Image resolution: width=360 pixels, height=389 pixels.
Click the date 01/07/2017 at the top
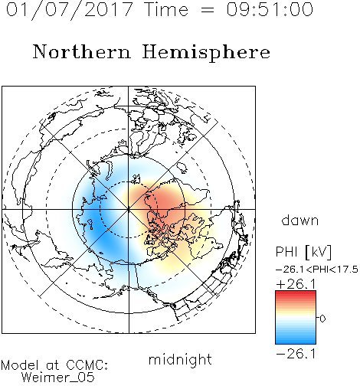69,10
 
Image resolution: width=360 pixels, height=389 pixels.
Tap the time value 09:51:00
270,9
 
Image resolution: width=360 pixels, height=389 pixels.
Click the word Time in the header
166,9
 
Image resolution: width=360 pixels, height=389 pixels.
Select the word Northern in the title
81,51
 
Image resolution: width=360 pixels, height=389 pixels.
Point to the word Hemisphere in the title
206,53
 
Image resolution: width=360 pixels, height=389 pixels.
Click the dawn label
300,220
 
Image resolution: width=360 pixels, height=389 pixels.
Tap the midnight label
180,359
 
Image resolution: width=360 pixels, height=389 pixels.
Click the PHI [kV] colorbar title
303,252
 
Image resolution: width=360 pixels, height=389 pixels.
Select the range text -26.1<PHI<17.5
317,270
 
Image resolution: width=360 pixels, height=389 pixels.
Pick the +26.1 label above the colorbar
296,284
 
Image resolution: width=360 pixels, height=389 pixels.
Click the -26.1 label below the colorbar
296,354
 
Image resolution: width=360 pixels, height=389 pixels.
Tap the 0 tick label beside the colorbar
322,319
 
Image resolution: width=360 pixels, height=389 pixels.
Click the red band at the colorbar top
296,293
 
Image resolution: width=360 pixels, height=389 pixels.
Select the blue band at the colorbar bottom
296,341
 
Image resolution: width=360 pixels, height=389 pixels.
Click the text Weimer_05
57,377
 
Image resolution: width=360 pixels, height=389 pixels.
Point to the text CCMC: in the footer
87,365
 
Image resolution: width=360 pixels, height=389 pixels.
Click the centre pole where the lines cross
129,209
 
